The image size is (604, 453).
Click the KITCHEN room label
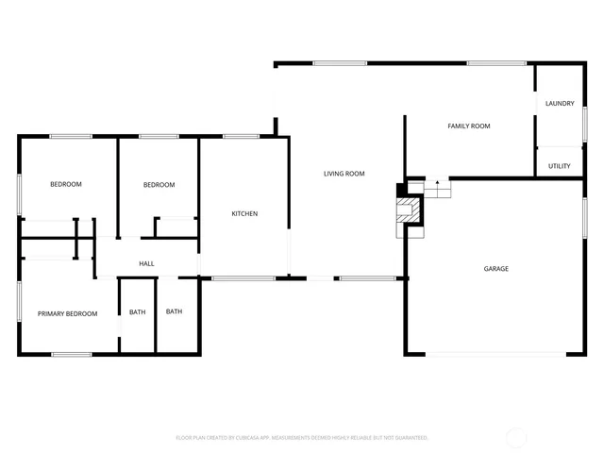click(x=244, y=213)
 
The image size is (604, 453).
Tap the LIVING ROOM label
click(x=344, y=174)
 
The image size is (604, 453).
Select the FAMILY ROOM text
click(x=468, y=126)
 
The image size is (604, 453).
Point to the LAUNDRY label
click(x=560, y=104)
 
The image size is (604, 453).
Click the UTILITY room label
click(x=560, y=165)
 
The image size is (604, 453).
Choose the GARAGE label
click(x=496, y=269)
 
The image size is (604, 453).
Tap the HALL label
click(x=146, y=263)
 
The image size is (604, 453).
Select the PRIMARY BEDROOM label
click(x=67, y=313)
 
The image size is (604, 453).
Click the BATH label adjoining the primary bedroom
click(x=138, y=312)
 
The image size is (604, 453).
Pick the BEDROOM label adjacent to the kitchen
click(x=159, y=185)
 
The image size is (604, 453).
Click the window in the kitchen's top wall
click(x=241, y=137)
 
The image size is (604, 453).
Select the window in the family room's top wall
click(x=496, y=63)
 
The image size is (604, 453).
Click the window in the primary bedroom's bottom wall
click(x=71, y=355)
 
